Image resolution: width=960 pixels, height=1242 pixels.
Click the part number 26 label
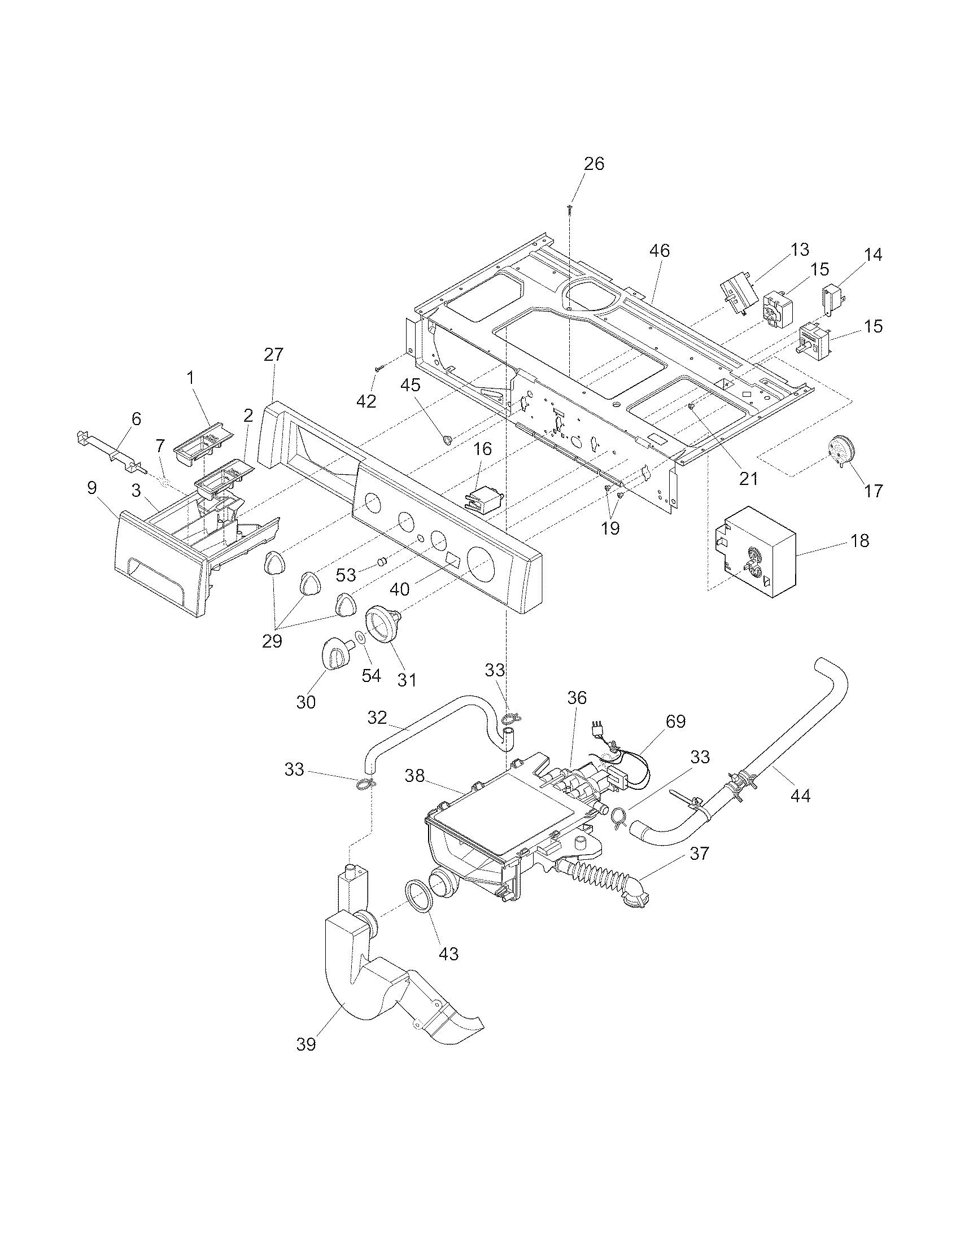594,164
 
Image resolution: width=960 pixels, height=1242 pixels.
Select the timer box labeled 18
754,550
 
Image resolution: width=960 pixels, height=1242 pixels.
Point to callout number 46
660,250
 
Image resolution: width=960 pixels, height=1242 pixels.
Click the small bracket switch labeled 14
832,298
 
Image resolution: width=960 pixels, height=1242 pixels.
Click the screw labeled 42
379,369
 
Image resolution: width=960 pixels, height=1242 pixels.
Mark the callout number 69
675,721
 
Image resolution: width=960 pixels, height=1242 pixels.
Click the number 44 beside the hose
800,795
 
